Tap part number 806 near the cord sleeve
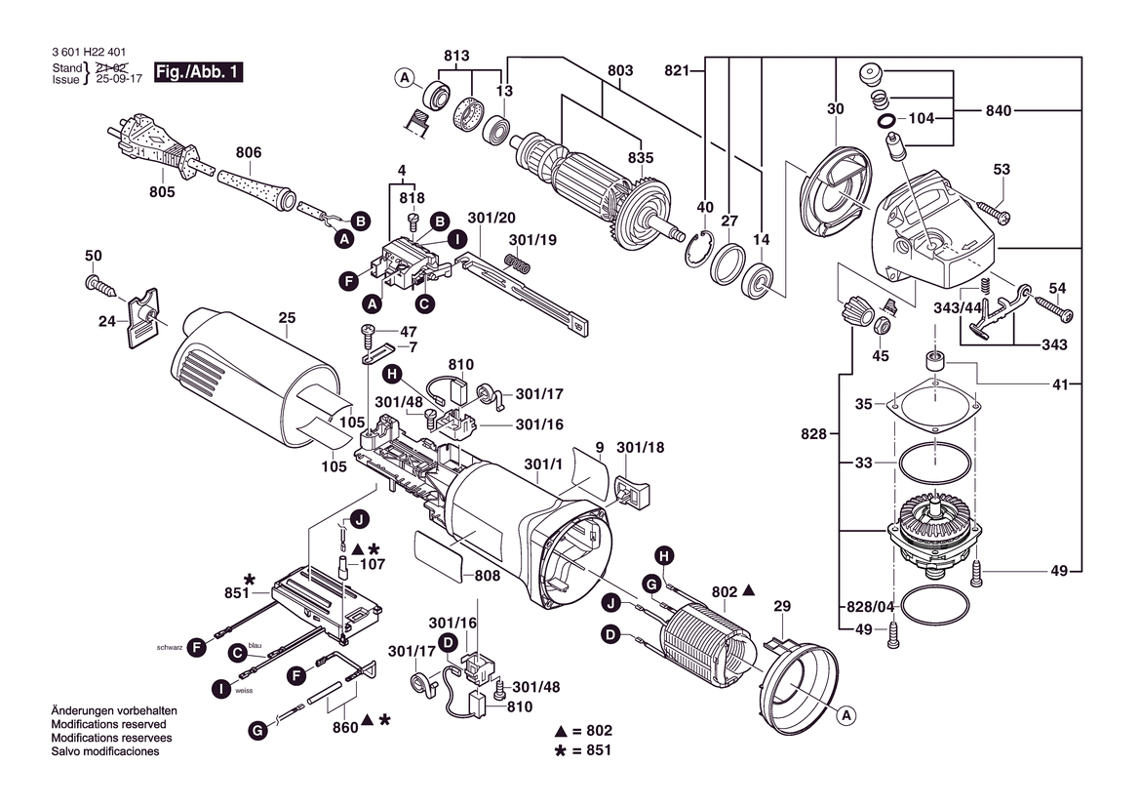(x=249, y=152)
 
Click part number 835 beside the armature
(x=641, y=158)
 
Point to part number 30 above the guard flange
(x=836, y=109)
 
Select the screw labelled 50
(x=100, y=284)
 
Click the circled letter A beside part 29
(x=846, y=715)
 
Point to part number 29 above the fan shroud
(x=781, y=607)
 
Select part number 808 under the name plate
(x=487, y=577)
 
